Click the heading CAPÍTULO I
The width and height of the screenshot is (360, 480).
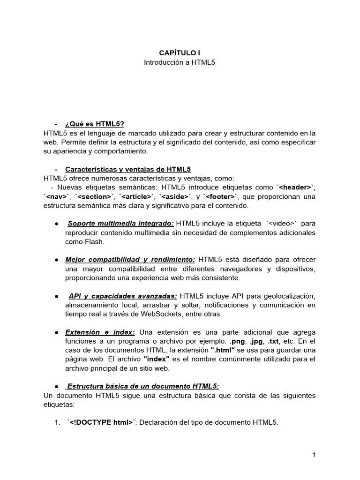tap(179, 53)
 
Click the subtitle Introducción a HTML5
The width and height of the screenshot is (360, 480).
tap(179, 62)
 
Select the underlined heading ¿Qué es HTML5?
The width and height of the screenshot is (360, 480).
tap(95, 124)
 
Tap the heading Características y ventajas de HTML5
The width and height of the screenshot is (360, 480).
tap(128, 169)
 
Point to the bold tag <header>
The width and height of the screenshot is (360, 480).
tap(295, 187)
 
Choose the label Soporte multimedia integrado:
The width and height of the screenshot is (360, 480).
tap(120, 224)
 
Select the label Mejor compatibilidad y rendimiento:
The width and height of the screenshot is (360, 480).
tap(130, 260)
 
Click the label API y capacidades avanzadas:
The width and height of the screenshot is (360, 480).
tap(123, 296)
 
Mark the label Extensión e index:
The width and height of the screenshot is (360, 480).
tap(100, 332)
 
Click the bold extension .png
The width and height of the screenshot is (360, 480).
tap(238, 341)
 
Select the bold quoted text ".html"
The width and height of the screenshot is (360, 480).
tap(223, 350)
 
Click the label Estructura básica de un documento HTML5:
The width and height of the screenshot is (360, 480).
tap(142, 386)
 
